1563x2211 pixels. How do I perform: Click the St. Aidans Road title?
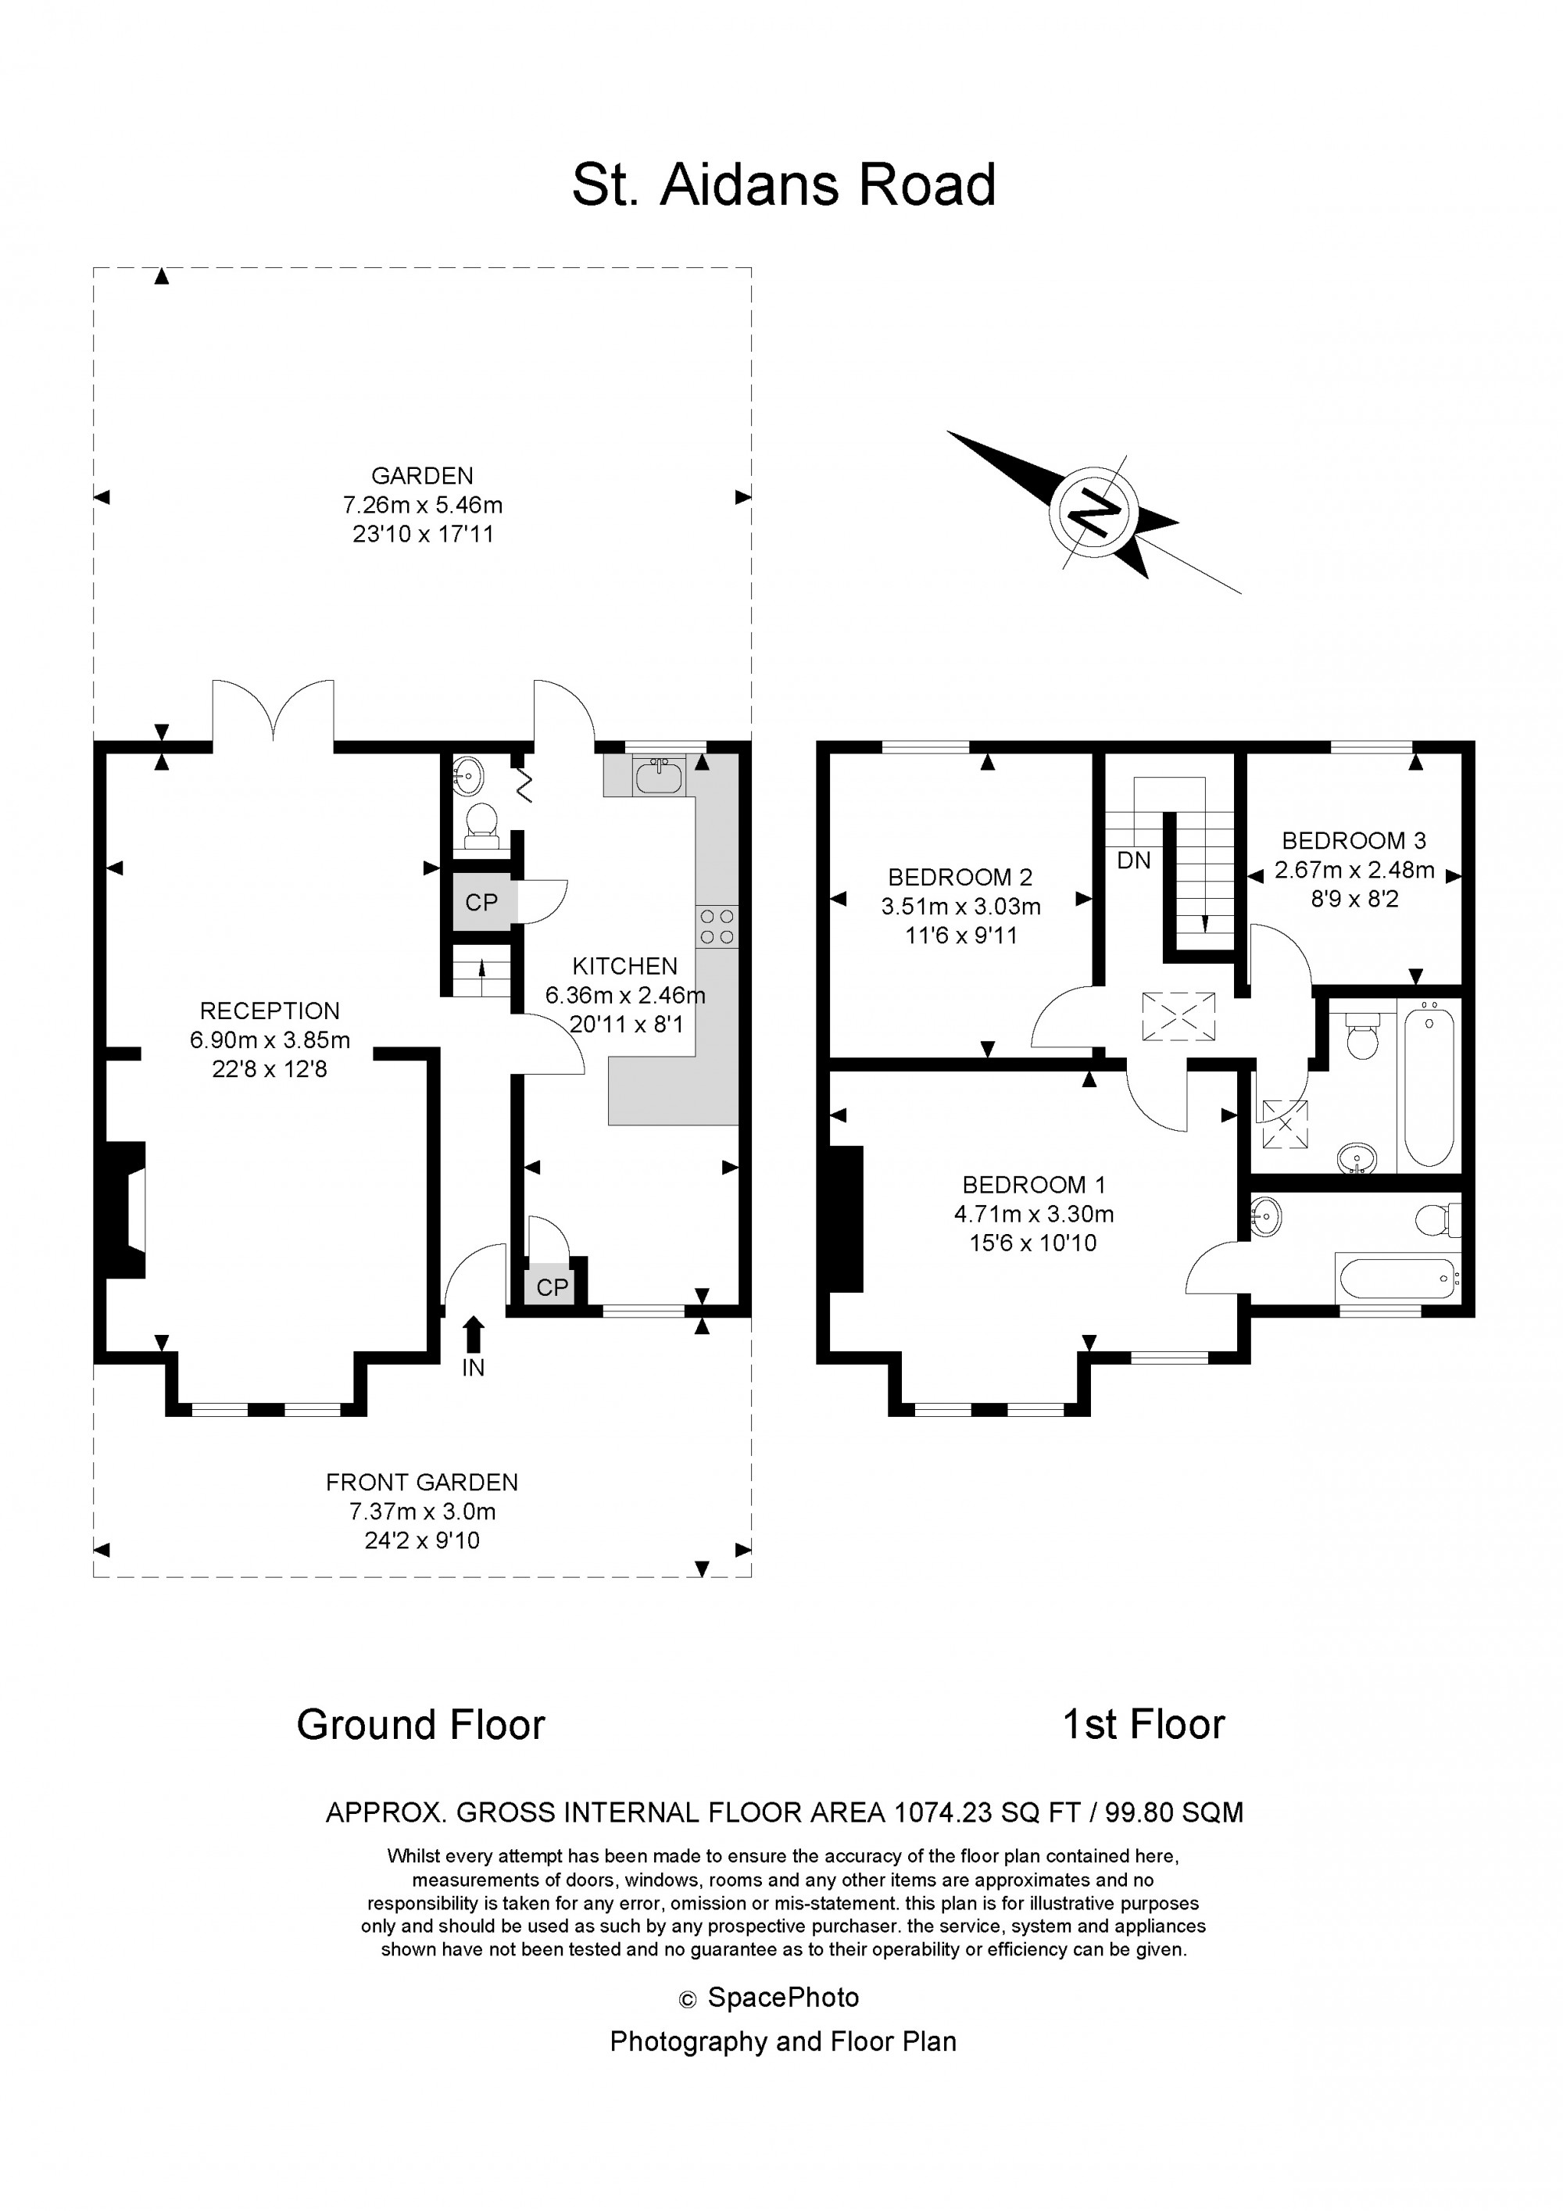click(x=783, y=185)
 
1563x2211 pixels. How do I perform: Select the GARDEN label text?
click(x=422, y=476)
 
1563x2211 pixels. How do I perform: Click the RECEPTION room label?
click(x=270, y=1011)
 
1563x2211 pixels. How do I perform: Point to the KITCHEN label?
click(x=625, y=966)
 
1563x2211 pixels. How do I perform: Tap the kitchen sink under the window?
click(x=660, y=775)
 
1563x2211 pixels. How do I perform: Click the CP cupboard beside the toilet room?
click(x=481, y=903)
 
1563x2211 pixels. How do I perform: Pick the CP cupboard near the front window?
click(x=552, y=1287)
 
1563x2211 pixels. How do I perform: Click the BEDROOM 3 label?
click(x=1353, y=841)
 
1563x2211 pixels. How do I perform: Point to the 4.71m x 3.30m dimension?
click(x=1033, y=1215)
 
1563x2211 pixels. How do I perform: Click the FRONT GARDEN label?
click(x=422, y=1482)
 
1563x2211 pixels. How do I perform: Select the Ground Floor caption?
click(x=421, y=1725)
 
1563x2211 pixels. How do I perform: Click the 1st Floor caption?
click(x=1143, y=1725)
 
